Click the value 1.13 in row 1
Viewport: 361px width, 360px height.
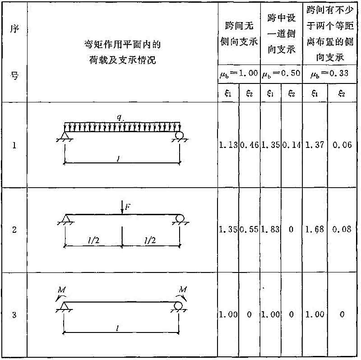tap(228, 145)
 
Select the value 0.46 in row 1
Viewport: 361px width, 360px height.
tap(250, 145)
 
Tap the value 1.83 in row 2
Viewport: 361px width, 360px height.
tap(270, 229)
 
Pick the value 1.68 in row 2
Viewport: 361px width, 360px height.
tap(315, 229)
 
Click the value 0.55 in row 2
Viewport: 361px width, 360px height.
tap(249, 229)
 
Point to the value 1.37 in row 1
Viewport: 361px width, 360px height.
tap(315, 145)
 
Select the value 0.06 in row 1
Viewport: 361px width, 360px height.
tap(342, 145)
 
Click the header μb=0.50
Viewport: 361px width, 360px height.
tap(281, 74)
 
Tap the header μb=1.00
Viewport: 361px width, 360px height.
tap(239, 74)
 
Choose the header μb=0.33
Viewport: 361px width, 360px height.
tap(329, 74)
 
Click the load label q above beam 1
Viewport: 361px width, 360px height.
tap(119, 118)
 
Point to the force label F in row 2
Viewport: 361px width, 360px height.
tap(128, 207)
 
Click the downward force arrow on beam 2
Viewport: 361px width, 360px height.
tap(122, 207)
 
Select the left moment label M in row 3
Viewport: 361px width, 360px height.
tap(62, 290)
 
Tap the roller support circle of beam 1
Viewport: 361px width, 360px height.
tap(179, 135)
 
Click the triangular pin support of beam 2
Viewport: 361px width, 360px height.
tap(66, 218)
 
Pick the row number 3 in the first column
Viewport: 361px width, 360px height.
tap(14, 314)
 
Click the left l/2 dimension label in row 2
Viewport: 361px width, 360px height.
tap(94, 240)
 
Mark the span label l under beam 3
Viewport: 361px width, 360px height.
tap(117, 328)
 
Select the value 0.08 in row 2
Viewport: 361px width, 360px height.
tap(342, 229)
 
